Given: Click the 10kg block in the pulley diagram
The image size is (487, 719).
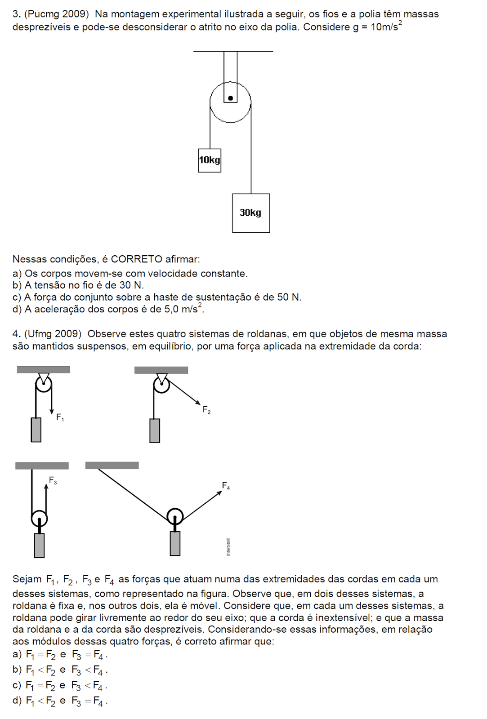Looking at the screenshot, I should tap(210, 160).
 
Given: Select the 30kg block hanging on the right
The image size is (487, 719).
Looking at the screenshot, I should tap(251, 213).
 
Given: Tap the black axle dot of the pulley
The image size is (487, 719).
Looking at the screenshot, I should tap(231, 98).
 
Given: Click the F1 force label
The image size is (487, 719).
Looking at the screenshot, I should tap(60, 417).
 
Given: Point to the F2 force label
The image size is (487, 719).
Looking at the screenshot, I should tap(206, 410).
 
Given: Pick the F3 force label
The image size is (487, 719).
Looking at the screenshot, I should tap(53, 481).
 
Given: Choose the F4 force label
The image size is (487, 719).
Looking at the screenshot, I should tap(226, 486).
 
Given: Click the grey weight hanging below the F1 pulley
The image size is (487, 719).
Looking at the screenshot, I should tap(36, 430).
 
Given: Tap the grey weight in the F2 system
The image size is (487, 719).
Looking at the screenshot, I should tap(155, 431).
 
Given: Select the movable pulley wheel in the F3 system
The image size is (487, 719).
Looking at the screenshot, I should tap(39, 518).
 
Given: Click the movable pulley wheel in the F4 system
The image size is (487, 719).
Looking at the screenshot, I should tap(175, 516).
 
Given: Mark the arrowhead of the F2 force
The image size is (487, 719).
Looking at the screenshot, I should tap(198, 402).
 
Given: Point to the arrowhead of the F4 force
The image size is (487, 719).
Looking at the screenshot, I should tap(219, 493).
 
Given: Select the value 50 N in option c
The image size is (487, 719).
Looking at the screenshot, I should tap(289, 297).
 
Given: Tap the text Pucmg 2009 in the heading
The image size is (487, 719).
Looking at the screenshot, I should tap(56, 14).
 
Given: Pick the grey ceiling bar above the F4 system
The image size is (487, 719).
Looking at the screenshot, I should tap(112, 466).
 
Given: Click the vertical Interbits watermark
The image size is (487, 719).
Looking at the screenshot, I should tap(228, 546).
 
